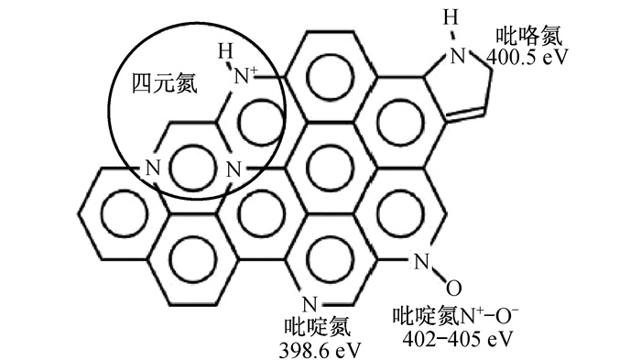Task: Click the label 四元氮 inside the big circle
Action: point(164,84)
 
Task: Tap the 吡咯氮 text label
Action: point(529,37)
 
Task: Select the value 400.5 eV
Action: point(527,58)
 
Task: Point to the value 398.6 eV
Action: point(320,350)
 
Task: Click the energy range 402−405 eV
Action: point(457,339)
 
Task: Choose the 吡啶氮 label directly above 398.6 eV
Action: point(317,328)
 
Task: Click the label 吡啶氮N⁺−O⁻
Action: point(455,316)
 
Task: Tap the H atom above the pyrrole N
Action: point(451,18)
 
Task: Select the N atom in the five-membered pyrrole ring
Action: point(458,56)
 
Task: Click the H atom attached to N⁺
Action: point(225,51)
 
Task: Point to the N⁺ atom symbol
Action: point(245,76)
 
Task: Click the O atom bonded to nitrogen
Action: point(454,288)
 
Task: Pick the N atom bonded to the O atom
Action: point(421,262)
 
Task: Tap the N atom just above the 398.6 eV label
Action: point(310,305)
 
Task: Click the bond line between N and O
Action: point(438,275)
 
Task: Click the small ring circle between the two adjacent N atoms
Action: point(192,169)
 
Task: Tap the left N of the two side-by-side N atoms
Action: point(153,169)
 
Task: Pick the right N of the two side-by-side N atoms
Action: point(234,169)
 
